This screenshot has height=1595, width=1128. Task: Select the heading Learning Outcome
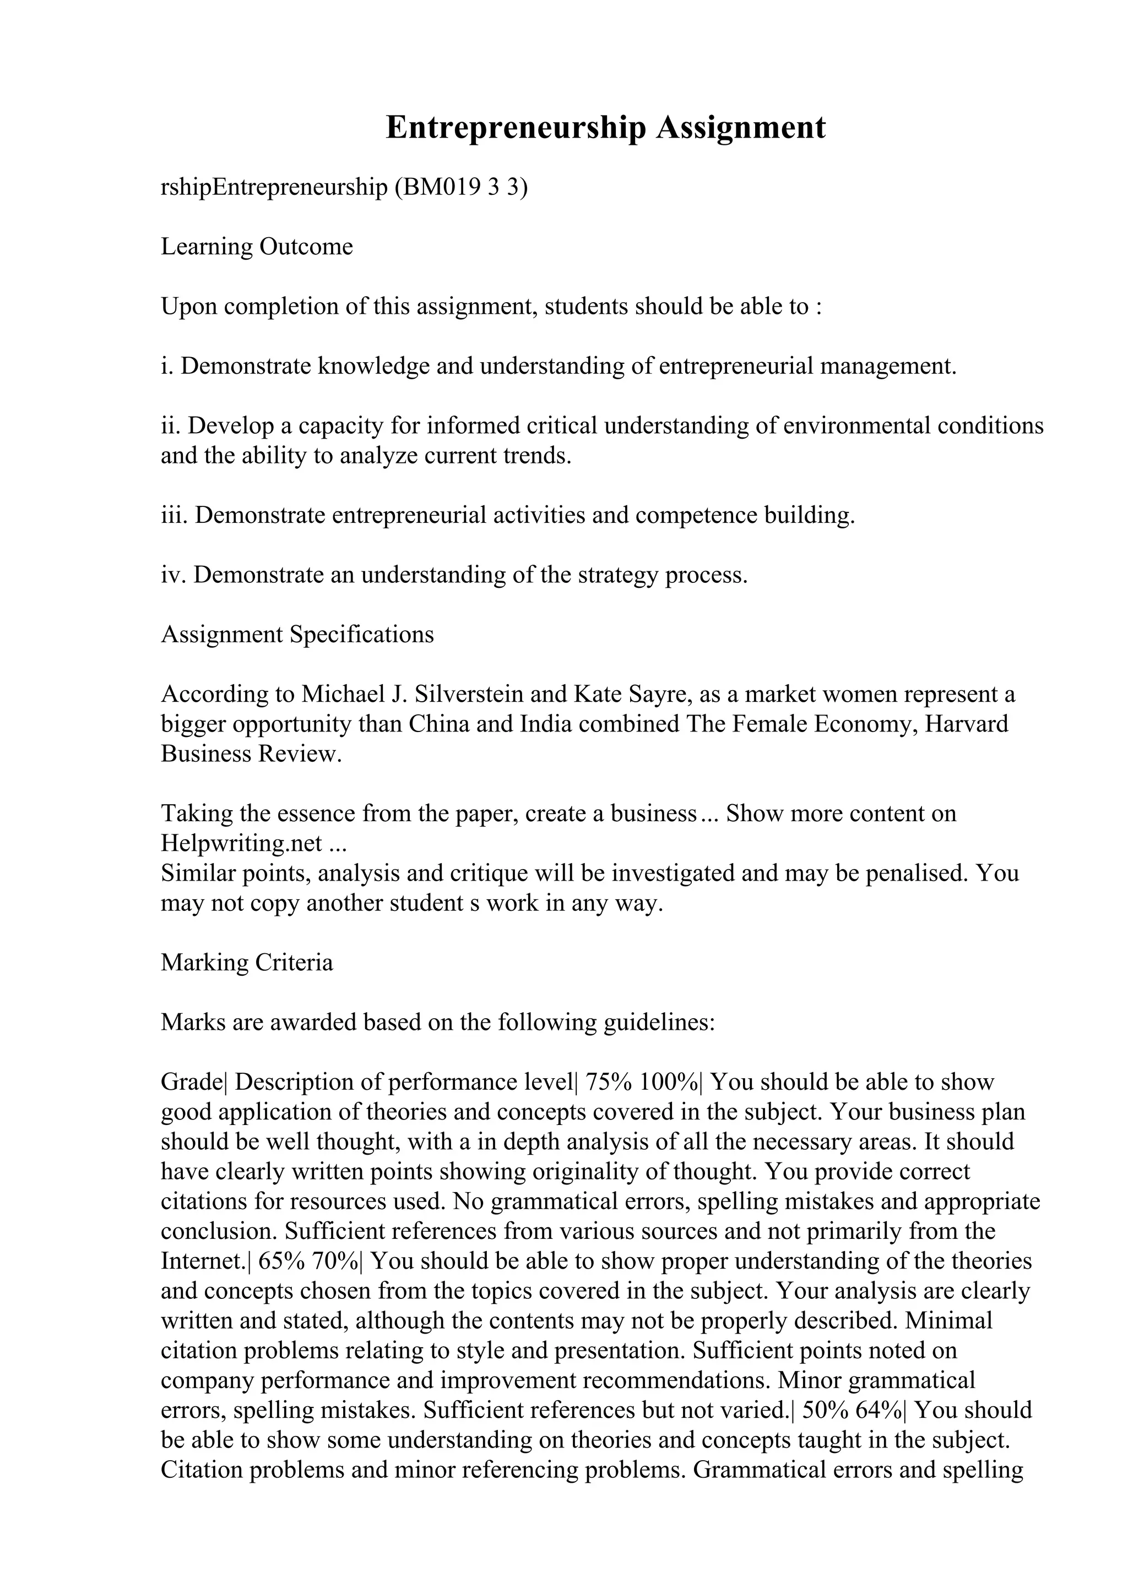point(257,247)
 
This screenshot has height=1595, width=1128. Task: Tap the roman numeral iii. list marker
point(175,516)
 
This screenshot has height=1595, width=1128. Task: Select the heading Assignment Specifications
point(297,634)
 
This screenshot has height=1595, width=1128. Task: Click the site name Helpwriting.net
point(241,843)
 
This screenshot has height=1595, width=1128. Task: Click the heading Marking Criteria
point(247,963)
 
